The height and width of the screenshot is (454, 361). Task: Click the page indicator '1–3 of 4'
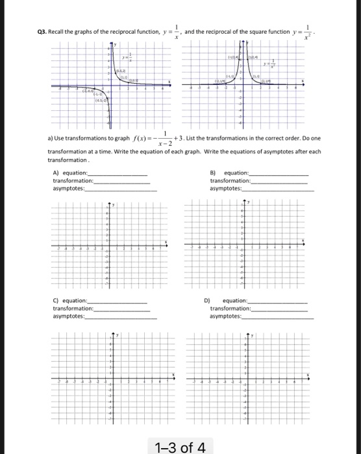tap(180, 446)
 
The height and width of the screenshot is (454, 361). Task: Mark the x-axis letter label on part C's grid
tap(172, 375)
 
